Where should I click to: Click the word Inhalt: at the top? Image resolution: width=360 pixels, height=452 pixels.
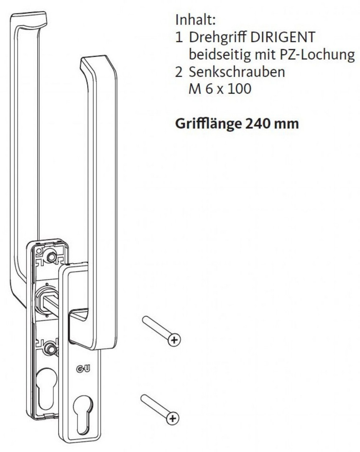[195, 20]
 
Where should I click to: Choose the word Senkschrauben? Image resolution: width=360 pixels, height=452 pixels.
[237, 72]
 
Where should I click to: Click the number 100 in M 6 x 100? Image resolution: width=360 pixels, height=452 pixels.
[239, 88]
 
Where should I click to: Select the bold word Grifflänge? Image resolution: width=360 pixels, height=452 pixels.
[208, 124]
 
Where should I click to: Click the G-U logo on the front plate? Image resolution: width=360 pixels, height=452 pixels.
[83, 369]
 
